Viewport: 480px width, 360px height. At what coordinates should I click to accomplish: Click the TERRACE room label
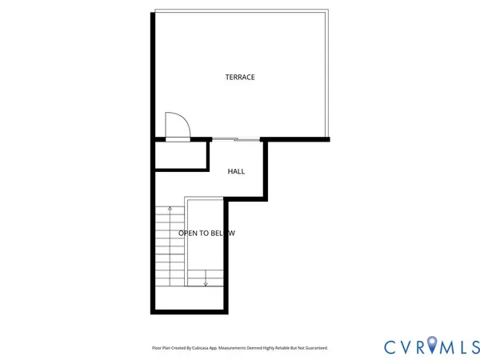point(240,77)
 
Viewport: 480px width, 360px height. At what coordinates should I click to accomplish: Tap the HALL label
point(236,171)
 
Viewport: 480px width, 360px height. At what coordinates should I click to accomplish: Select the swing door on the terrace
point(177,127)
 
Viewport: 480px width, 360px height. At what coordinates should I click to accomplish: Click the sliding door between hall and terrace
point(236,140)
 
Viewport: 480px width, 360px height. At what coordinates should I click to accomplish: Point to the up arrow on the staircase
point(170,210)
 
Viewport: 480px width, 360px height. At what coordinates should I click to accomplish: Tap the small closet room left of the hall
point(182,155)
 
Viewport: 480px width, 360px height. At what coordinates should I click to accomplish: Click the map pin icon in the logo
point(433,346)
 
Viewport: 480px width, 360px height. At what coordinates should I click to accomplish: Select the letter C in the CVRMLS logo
point(390,346)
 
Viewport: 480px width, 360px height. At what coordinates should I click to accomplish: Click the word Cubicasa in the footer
point(202,348)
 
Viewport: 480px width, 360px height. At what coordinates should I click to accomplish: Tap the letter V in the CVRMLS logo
point(404,346)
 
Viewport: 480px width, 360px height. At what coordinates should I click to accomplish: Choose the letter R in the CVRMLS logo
point(419,346)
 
